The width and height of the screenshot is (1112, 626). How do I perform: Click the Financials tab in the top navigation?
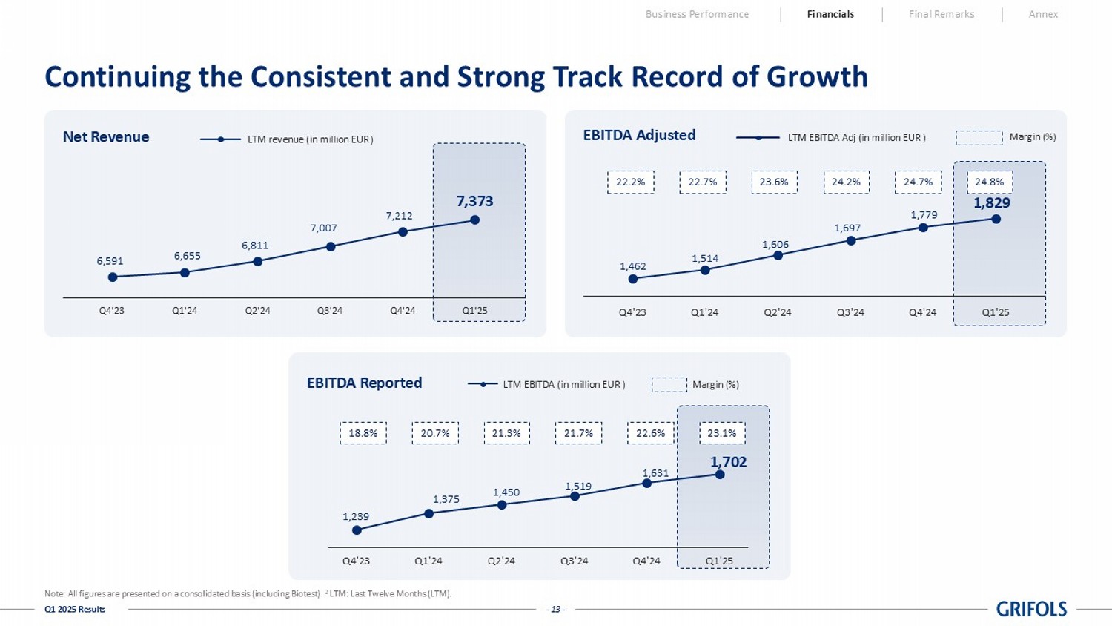[x=830, y=14]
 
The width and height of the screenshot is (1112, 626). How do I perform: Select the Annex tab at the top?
[x=1043, y=14]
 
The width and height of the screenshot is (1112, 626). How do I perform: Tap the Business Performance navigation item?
[x=697, y=14]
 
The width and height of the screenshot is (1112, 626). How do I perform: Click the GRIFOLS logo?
[x=1031, y=609]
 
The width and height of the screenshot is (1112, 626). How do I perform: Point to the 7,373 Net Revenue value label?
[x=474, y=201]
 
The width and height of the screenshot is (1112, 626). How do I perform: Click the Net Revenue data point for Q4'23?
[x=113, y=277]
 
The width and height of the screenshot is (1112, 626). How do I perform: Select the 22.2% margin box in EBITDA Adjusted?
[x=631, y=182]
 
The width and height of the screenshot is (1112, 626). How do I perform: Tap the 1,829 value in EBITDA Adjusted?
[x=991, y=202]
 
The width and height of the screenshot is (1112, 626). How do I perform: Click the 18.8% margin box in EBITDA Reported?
[x=363, y=433]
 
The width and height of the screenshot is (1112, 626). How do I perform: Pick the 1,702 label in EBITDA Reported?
[x=728, y=462]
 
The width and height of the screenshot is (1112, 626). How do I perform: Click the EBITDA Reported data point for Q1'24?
[x=429, y=513]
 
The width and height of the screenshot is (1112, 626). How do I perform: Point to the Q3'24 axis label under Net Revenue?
[x=330, y=311]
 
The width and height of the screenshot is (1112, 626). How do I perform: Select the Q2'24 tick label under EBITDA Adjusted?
[x=778, y=312]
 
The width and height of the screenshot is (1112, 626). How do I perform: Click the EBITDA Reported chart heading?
[x=364, y=383]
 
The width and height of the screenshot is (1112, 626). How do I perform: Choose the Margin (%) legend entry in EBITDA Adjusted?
[x=1032, y=137]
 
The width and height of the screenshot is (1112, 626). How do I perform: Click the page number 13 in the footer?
[x=555, y=610]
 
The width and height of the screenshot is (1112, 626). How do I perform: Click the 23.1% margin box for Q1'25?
[x=721, y=433]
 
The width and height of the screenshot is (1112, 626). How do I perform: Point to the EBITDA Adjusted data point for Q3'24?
[x=851, y=240]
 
